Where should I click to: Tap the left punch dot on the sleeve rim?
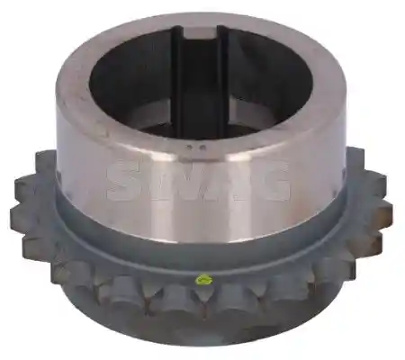click(188, 148)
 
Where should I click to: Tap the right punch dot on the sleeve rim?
click(202, 148)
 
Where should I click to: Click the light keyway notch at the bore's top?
click(201, 32)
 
